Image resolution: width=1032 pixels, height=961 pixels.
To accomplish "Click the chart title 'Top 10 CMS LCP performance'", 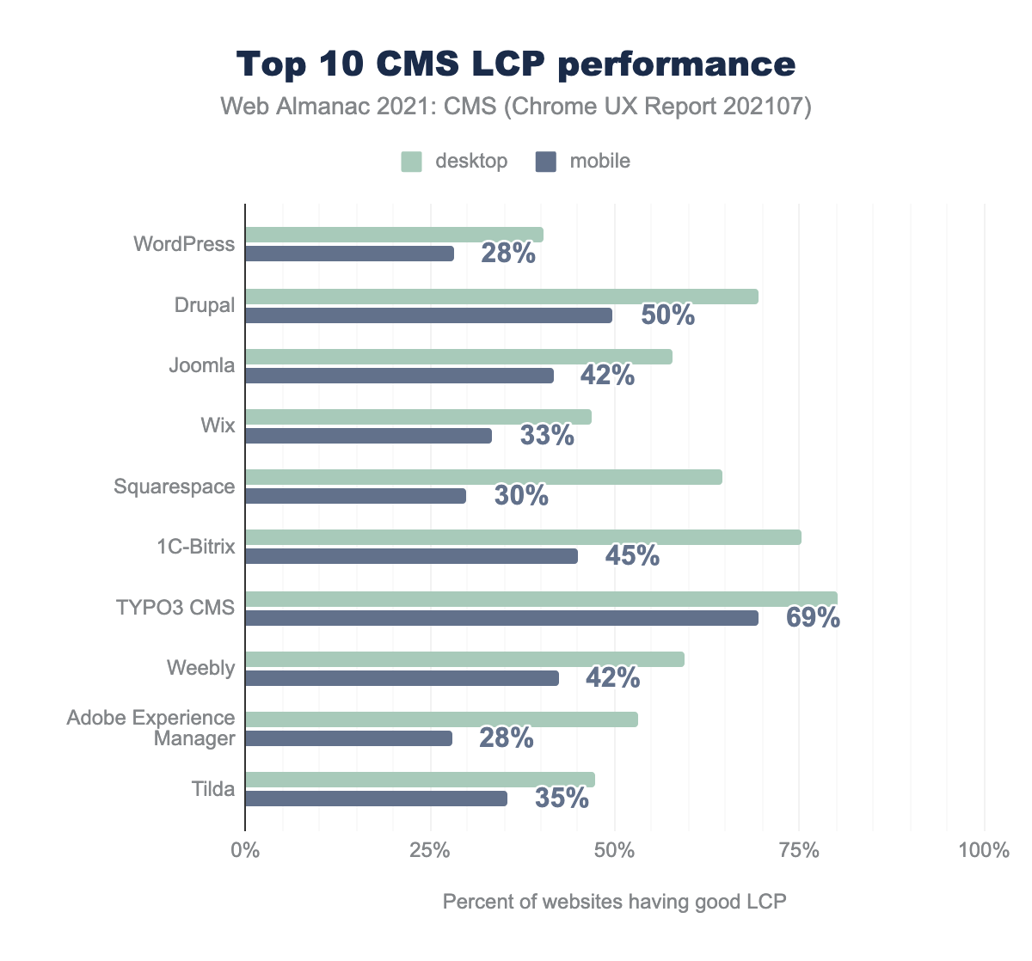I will point(516,64).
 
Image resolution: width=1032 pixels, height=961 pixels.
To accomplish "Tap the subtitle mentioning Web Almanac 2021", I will point(516,107).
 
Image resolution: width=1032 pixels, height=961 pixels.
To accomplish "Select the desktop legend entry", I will point(455,161).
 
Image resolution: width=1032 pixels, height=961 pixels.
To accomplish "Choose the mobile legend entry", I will point(585,161).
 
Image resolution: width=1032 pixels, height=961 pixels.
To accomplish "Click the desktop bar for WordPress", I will point(394,235).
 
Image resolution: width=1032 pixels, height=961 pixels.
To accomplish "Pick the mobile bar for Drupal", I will point(428,315).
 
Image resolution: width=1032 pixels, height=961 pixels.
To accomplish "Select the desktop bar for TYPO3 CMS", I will point(541,598).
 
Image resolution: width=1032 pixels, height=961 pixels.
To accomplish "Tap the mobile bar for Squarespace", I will point(355,496).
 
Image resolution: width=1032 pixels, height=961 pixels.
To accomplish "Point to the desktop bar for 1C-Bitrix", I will point(523,537).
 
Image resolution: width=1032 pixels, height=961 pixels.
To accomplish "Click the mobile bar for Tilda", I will point(376,799).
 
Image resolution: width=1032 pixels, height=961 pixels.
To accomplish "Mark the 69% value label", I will point(813,618).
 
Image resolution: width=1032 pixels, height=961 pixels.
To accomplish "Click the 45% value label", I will point(632,556).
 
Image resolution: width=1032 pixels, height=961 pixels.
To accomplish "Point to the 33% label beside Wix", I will point(547,436).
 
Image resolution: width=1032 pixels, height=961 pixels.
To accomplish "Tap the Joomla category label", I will point(201,365).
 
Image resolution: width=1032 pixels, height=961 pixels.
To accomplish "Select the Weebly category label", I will point(201,668).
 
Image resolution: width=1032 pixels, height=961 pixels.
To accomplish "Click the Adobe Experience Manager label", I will point(151,728).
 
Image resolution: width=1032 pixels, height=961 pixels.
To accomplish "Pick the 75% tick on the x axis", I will point(798,851).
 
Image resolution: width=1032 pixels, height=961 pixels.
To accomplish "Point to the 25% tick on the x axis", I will point(430,851).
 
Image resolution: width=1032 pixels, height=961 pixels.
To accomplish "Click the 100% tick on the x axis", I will point(983,851).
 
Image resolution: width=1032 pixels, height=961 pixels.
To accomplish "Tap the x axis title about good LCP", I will point(614,902).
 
